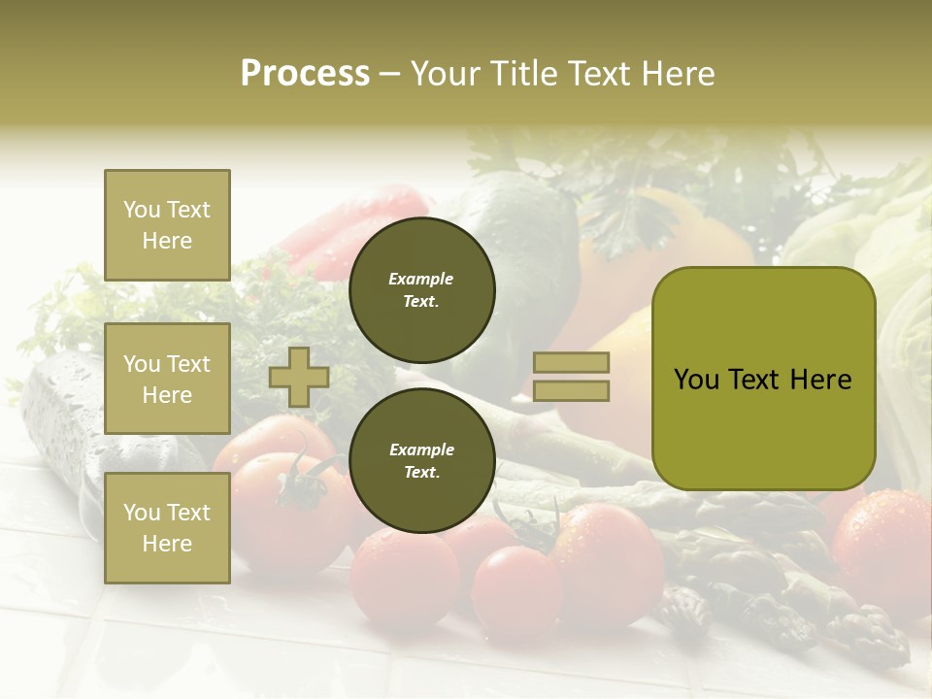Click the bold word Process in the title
305,74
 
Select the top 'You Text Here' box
167,225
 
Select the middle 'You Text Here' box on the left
167,379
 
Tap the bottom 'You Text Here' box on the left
167,527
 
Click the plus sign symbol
298,377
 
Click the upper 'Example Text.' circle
421,289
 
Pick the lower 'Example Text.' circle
421,460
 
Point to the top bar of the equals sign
572,363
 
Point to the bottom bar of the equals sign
572,390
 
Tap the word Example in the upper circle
420,279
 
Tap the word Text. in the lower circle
421,472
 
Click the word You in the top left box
141,210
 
